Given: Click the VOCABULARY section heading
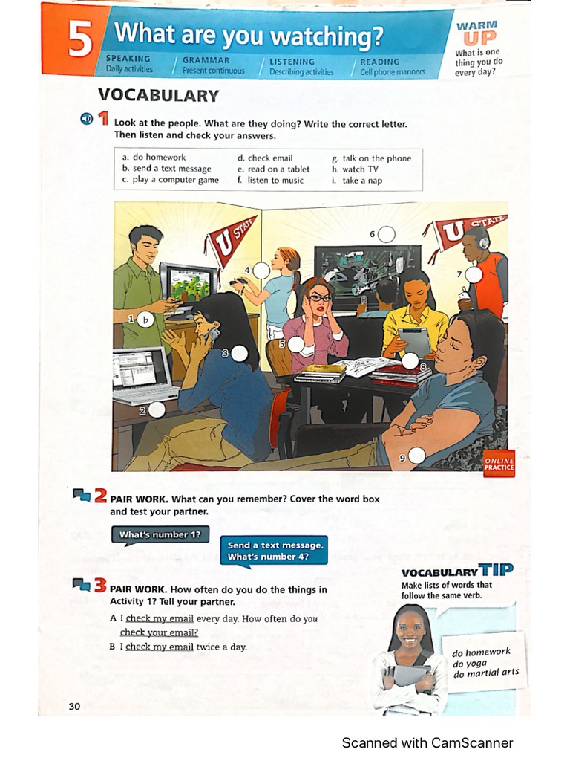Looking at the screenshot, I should (158, 95).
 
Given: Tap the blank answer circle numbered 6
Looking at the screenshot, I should (386, 235).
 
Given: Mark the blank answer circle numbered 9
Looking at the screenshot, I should (416, 456).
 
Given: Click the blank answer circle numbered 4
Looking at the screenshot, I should (261, 271).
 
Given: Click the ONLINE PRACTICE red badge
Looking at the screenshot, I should (499, 464).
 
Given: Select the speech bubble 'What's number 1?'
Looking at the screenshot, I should (159, 535).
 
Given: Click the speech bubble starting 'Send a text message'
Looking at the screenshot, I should (273, 551).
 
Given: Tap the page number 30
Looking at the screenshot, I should (74, 706).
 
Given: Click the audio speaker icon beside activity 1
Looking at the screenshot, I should (86, 119).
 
